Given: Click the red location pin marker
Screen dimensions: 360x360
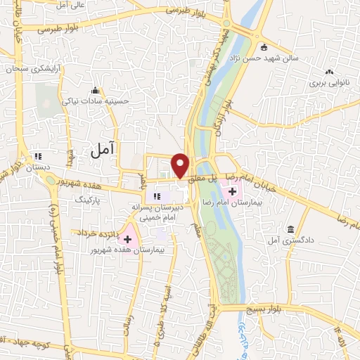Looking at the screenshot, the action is click(181, 165).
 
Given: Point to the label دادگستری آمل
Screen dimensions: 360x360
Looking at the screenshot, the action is click(290, 241).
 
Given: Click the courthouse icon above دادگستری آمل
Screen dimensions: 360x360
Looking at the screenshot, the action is click(290, 229).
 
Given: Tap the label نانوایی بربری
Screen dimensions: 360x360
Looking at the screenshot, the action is click(329, 83).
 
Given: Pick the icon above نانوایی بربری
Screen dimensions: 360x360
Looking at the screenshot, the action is click(329, 72).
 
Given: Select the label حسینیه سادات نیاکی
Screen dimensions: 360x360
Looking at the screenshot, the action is click(96, 101).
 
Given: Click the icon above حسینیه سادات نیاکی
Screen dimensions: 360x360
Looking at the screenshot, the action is click(96, 90).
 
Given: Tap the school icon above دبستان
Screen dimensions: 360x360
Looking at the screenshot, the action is click(38, 155).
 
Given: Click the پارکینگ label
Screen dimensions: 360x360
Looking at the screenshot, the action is click(89, 200).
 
